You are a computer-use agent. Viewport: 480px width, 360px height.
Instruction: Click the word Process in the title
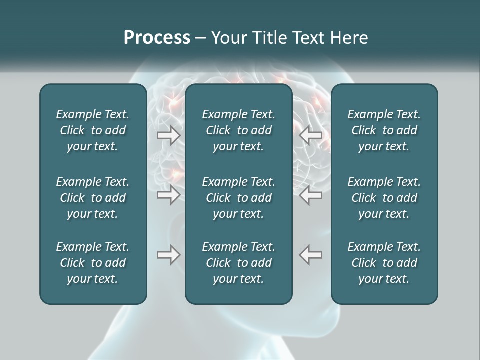[157, 38]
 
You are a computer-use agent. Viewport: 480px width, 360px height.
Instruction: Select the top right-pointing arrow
[168, 135]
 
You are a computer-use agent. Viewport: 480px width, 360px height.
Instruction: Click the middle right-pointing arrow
[168, 195]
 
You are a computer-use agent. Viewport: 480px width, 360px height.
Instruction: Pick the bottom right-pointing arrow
[168, 255]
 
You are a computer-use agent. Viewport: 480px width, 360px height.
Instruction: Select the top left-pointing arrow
[310, 135]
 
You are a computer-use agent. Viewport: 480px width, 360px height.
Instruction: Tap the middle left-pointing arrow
[310, 195]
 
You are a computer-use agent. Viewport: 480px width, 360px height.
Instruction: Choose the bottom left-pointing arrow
[310, 255]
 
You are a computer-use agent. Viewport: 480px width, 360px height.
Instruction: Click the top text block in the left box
[93, 130]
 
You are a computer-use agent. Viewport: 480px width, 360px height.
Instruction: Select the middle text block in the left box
[93, 198]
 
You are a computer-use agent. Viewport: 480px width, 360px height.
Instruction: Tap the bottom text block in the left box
[93, 263]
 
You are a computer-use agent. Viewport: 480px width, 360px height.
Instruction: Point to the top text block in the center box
[239, 130]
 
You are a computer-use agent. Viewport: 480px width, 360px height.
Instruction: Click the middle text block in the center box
[239, 198]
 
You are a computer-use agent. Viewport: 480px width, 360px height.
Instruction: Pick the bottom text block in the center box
[239, 263]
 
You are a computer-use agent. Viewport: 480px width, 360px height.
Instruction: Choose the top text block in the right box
[384, 130]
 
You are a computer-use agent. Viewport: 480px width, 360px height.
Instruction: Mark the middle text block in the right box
[384, 198]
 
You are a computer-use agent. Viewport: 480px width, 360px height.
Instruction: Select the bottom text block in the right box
[384, 263]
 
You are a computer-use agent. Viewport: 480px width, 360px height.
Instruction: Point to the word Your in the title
[227, 38]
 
